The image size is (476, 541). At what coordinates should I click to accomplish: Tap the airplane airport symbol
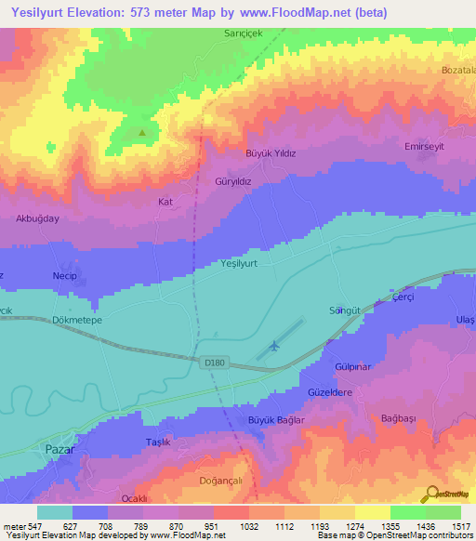[x=273, y=347]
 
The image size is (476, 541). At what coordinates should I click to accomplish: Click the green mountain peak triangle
[x=142, y=132]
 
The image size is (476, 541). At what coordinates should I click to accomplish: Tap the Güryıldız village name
[x=234, y=182]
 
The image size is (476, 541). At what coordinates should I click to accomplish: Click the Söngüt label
[x=343, y=309]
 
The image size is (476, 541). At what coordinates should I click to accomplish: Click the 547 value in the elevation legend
[x=33, y=525]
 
